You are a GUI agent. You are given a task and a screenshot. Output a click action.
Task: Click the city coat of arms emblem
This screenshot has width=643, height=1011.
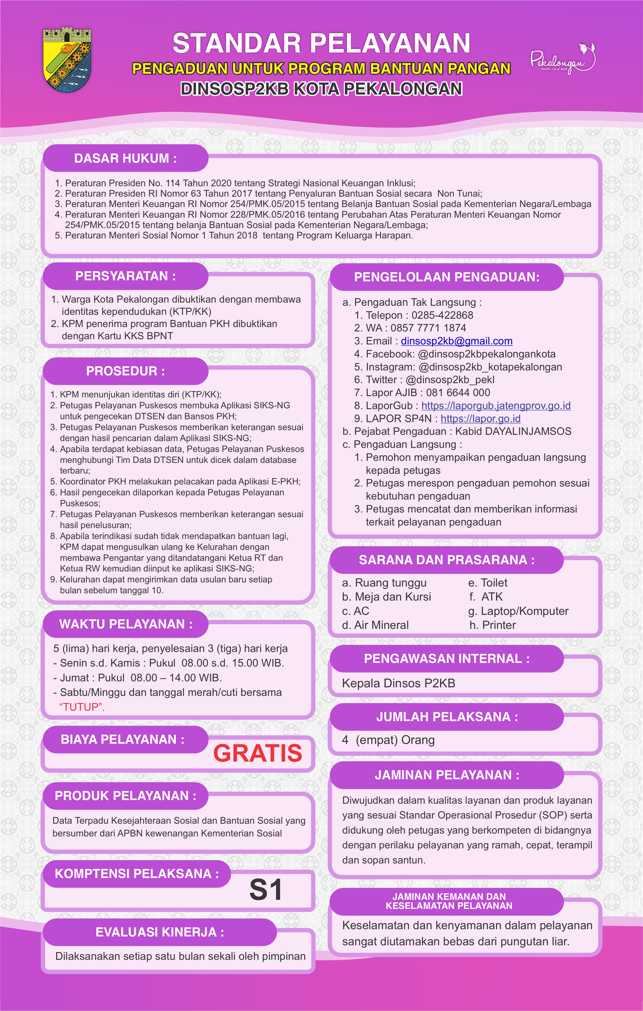point(67,60)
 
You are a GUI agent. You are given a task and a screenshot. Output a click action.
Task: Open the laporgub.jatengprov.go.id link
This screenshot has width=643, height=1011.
point(496,405)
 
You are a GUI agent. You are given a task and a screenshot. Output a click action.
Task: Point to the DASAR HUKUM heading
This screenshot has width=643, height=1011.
point(125,158)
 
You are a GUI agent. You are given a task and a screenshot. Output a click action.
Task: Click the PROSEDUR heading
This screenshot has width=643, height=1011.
point(125,371)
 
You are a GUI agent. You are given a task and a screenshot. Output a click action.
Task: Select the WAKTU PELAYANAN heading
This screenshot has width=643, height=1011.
point(125,624)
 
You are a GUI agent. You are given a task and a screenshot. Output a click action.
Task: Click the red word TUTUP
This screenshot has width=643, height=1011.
point(82,707)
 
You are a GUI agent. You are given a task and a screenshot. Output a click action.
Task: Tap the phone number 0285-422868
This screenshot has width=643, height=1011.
point(442,315)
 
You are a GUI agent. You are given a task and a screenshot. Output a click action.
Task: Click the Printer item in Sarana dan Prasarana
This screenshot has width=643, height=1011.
point(498,625)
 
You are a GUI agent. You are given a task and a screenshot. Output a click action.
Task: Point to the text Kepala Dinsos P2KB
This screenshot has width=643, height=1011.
point(398,683)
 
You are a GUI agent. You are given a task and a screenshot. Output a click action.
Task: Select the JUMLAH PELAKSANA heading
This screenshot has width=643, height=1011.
point(447,717)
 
